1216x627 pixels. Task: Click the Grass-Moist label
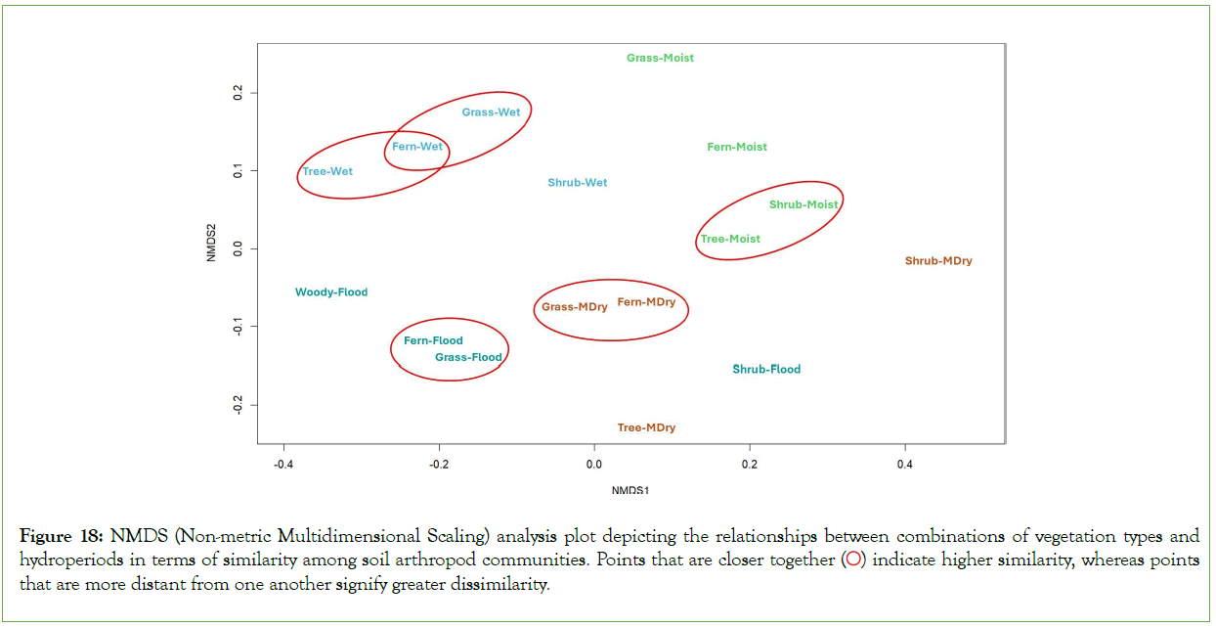(660, 58)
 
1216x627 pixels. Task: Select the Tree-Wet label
(327, 171)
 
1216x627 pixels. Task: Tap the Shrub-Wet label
(577, 183)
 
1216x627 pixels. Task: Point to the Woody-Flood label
(331, 291)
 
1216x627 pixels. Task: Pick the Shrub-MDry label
(938, 261)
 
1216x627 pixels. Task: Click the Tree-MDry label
(646, 427)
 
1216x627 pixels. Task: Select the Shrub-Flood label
(766, 369)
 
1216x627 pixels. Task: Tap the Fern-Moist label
(737, 147)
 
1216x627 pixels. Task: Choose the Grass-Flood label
(468, 357)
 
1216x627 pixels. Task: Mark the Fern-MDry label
(646, 302)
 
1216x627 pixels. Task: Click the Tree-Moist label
(730, 239)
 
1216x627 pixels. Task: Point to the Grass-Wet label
(491, 112)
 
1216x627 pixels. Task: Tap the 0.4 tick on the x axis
(904, 463)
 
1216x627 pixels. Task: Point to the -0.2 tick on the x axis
(438, 463)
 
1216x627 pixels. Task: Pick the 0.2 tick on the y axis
(238, 93)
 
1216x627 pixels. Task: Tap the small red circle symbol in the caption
(853, 561)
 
